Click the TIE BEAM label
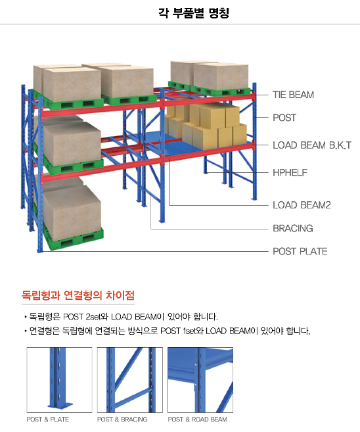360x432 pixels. coord(293,95)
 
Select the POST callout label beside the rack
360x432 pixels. coord(284,118)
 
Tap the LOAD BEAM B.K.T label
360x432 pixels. coord(312,145)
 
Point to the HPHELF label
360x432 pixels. coord(290,173)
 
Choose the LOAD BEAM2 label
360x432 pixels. coord(302,205)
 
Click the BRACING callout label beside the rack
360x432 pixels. coord(293,228)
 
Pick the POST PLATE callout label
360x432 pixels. coord(300,252)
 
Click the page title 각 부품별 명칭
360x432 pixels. coord(194,12)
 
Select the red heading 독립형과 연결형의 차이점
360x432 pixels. coord(78,295)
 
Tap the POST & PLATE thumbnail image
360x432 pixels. coord(59,380)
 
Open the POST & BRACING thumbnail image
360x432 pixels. coord(130,380)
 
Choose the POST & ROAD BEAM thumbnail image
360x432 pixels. coord(200,380)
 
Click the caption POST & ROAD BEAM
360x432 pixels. coord(197,420)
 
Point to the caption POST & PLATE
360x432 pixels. coord(47,420)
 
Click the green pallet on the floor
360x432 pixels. coord(72,237)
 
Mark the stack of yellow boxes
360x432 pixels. coord(206,126)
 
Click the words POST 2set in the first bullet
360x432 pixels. coord(81,317)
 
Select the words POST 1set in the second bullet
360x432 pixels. coord(178,331)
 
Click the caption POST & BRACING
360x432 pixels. coord(122,420)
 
